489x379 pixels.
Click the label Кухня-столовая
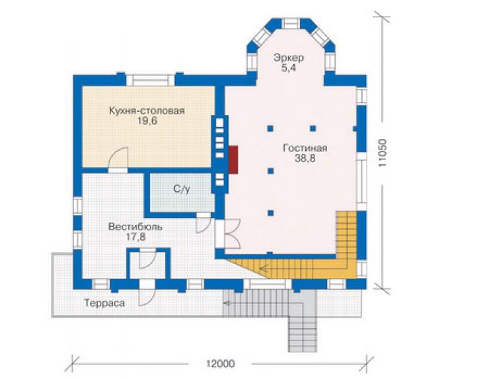(147, 111)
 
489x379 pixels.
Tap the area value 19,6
(147, 121)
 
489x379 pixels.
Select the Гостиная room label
(305, 148)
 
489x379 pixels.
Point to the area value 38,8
(305, 158)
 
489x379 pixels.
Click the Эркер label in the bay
(289, 58)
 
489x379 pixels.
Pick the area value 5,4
(289, 68)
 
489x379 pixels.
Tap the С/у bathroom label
(182, 189)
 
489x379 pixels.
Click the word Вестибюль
(135, 227)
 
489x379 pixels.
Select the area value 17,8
(135, 237)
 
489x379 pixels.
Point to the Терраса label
(104, 303)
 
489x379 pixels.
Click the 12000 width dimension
(220, 364)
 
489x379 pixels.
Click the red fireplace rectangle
(233, 159)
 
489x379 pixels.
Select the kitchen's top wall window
(150, 80)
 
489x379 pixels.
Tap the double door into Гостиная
(232, 233)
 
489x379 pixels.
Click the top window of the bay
(291, 24)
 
